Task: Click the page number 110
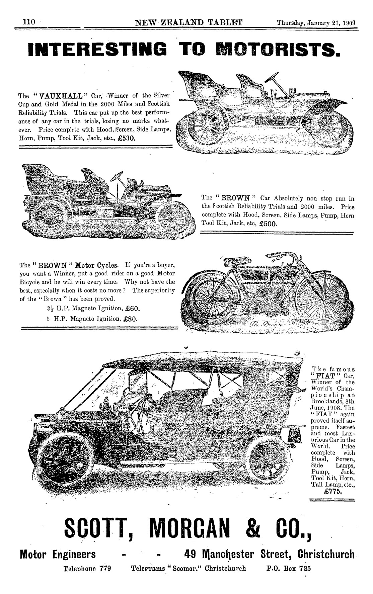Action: [28, 22]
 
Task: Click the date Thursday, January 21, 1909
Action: [316, 23]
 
